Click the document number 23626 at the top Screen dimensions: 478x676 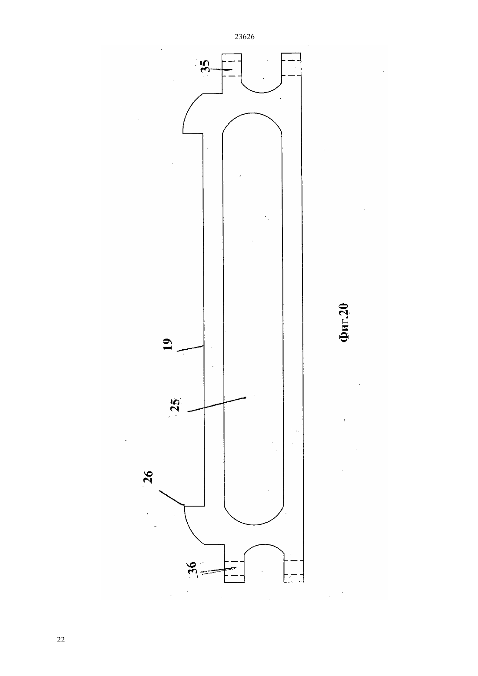[x=244, y=37]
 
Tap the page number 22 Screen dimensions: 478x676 [x=61, y=640]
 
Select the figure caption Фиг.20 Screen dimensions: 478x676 [x=344, y=323]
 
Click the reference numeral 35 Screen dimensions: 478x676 [x=205, y=66]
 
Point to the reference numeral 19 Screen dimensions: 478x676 [x=167, y=345]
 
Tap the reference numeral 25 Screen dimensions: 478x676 [x=176, y=405]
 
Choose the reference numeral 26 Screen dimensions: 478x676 [x=148, y=477]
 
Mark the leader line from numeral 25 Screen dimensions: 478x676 [x=217, y=405]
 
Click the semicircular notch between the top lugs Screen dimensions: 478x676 [x=261, y=89]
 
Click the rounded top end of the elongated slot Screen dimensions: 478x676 [x=252, y=114]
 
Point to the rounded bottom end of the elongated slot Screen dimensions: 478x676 [x=254, y=524]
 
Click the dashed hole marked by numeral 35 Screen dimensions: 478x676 [x=232, y=68]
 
